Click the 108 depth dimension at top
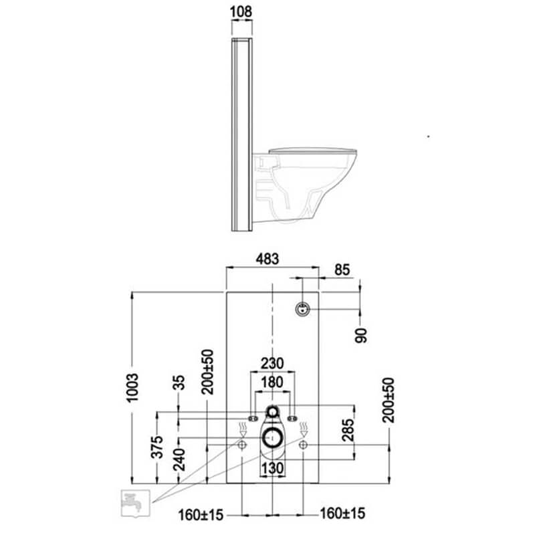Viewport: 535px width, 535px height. (x=241, y=11)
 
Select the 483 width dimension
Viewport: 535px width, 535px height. (x=272, y=257)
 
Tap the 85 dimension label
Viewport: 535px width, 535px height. (x=341, y=270)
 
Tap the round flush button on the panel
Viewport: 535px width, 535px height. (x=303, y=309)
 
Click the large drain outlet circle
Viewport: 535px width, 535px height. (x=273, y=439)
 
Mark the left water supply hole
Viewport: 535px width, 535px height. (x=241, y=444)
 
